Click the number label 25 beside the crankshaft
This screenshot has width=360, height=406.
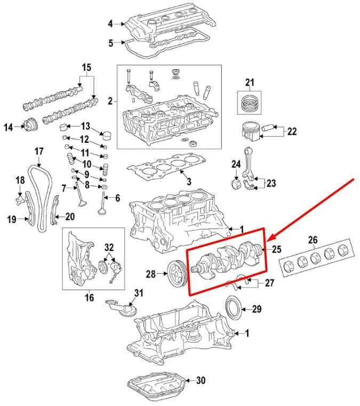[276, 249]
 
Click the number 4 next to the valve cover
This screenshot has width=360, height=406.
[110, 23]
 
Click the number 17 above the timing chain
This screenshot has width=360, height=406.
[39, 152]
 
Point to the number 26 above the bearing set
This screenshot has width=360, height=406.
[313, 240]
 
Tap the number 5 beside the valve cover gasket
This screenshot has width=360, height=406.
[110, 43]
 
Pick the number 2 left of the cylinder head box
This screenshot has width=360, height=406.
[110, 101]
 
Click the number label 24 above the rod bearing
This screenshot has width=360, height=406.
[236, 164]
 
